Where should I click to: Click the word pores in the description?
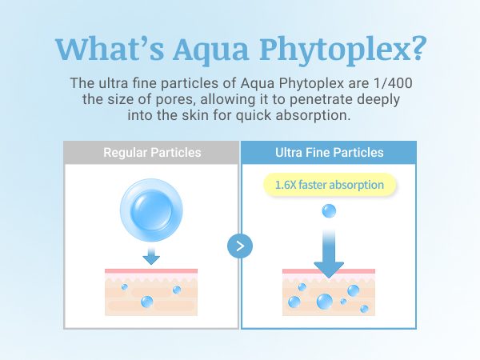174,100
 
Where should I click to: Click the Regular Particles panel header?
151,153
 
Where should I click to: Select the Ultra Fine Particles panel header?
329,153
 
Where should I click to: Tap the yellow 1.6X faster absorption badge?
330,185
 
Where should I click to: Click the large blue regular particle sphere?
151,210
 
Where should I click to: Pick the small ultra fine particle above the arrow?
329,211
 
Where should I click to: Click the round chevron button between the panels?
240,246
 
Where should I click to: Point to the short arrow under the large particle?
151,256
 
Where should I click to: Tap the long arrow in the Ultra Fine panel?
329,254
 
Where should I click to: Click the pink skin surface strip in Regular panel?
151,271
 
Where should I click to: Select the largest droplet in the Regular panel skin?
147,302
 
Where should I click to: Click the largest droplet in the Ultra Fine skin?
325,302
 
